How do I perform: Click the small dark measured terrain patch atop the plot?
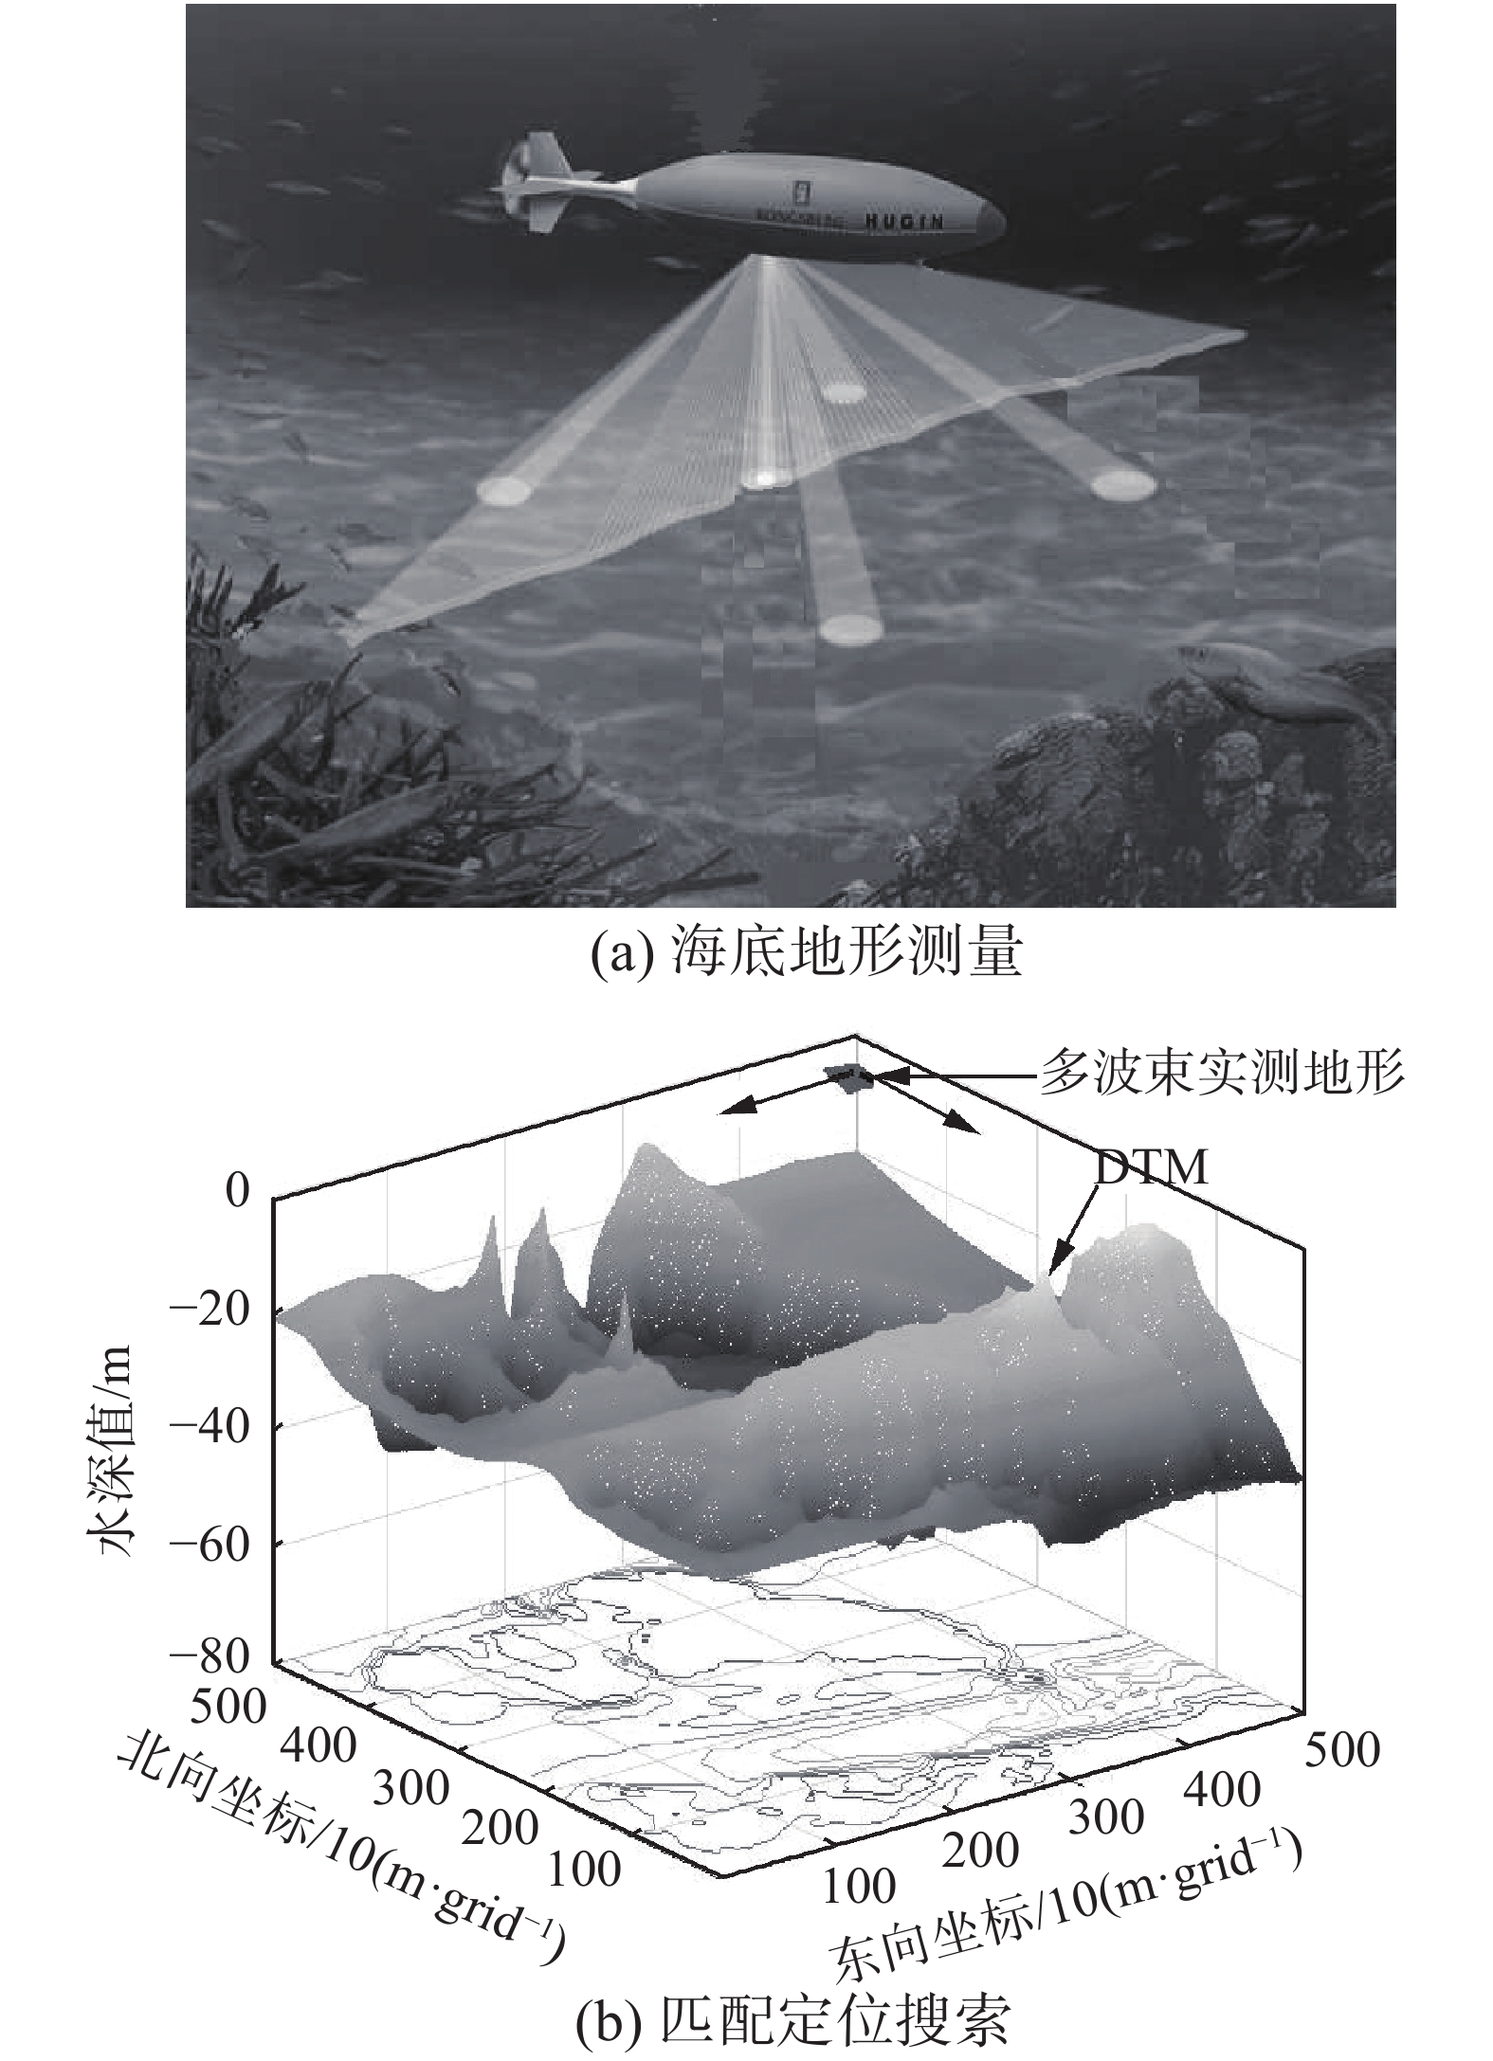[846, 1076]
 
